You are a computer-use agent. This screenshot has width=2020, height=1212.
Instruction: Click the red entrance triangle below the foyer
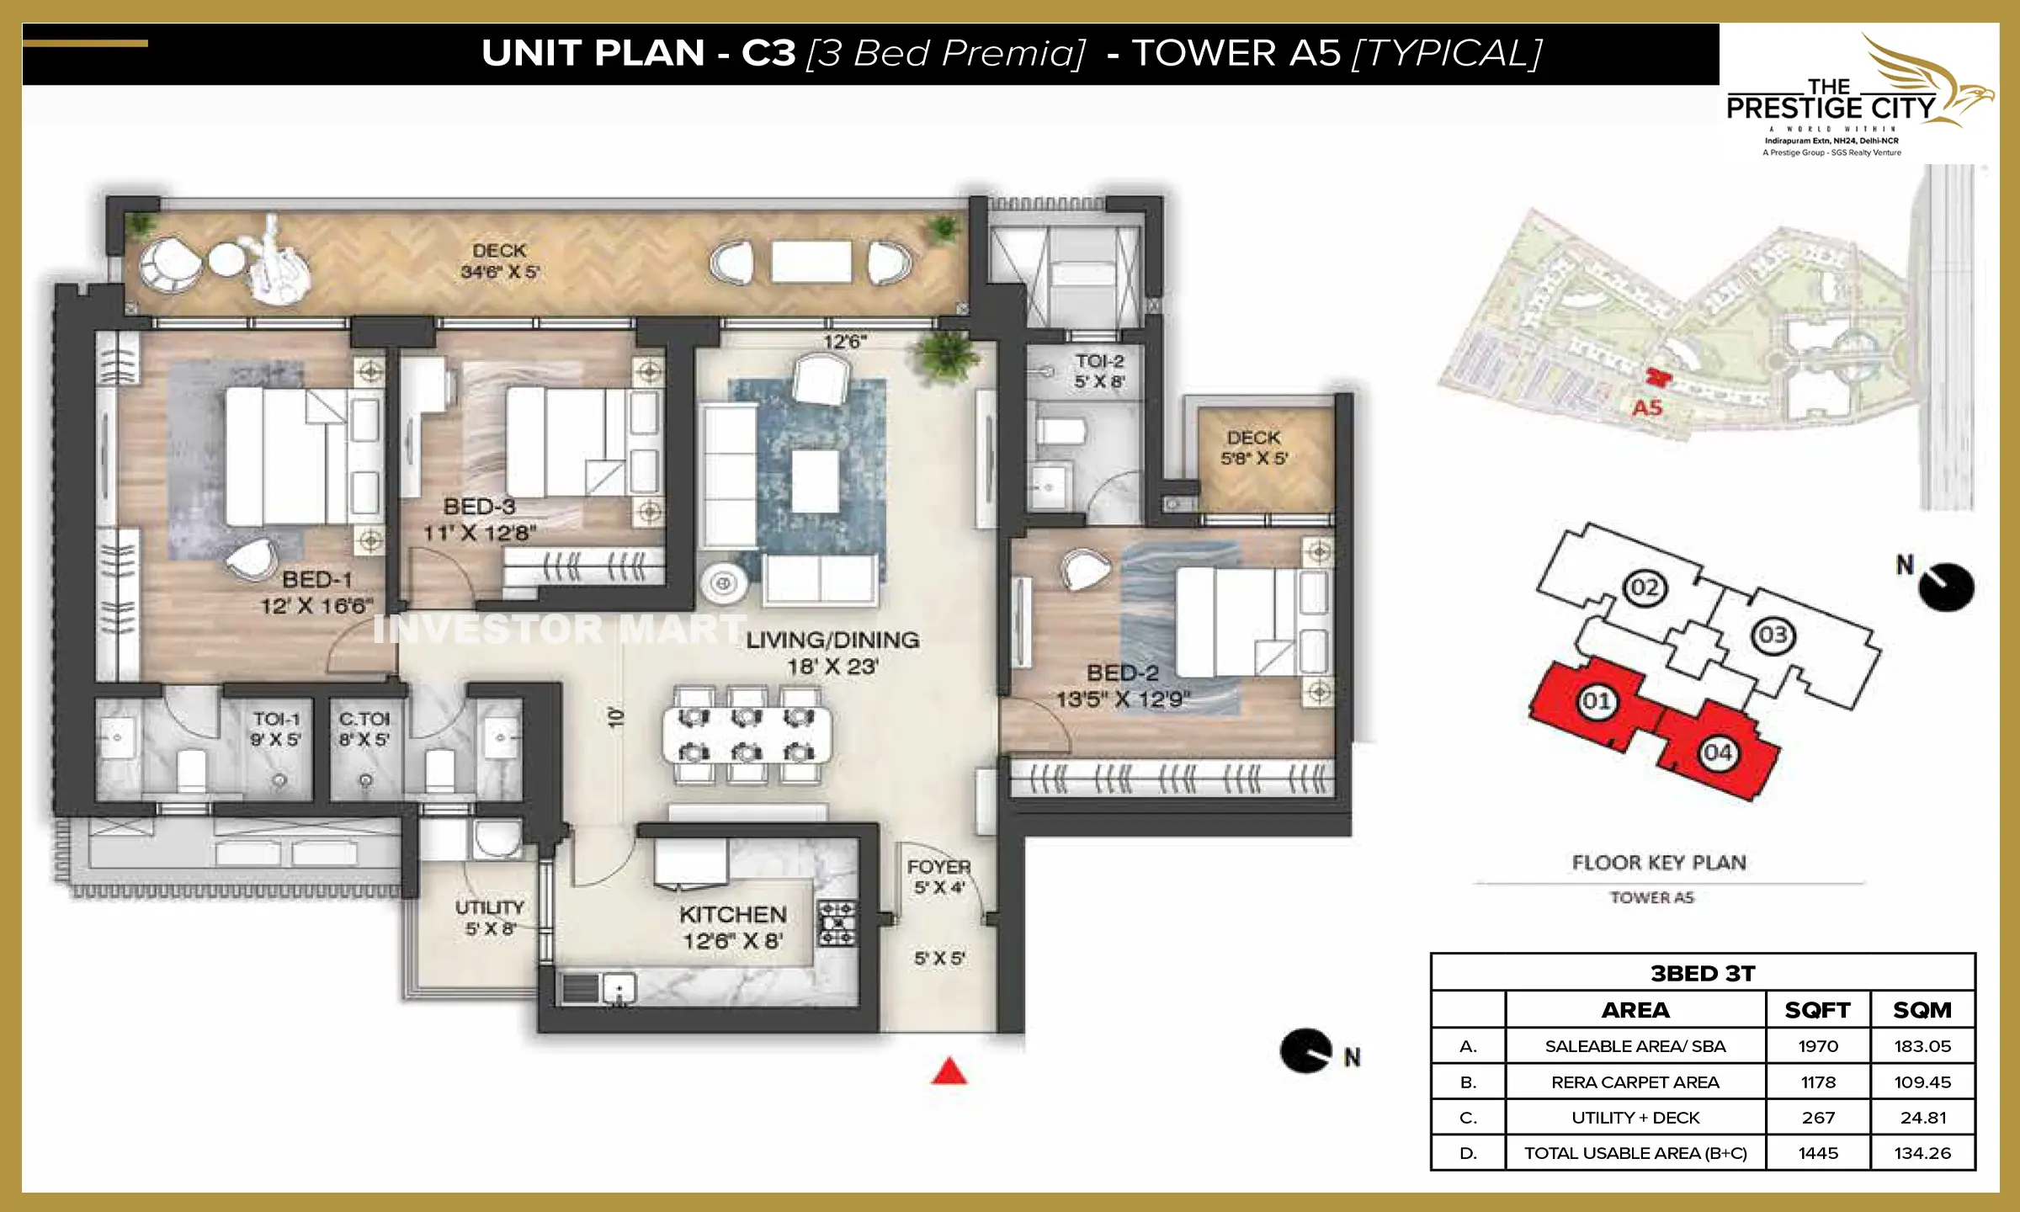tap(949, 1071)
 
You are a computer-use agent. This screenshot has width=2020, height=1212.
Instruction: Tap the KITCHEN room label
tap(733, 915)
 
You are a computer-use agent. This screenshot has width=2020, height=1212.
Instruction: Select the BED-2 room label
tap(1123, 673)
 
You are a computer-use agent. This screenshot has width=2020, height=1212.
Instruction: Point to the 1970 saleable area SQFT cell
tap(1818, 1046)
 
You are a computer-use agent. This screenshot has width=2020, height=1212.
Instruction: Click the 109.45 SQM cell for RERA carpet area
tap(1922, 1082)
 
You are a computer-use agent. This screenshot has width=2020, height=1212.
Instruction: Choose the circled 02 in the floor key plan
tap(1645, 587)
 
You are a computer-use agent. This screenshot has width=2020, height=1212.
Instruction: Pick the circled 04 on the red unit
tap(1718, 752)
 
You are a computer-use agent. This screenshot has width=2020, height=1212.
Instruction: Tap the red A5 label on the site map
tap(1647, 408)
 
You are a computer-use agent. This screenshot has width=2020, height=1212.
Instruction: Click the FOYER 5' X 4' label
tap(939, 876)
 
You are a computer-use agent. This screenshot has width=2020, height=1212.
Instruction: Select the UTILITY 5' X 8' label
tap(490, 917)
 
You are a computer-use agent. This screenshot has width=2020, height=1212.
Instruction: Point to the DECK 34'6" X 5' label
tap(499, 261)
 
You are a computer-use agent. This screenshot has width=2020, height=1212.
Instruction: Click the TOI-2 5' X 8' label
tap(1099, 371)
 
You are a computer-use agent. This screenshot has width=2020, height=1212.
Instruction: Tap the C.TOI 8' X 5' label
tap(364, 729)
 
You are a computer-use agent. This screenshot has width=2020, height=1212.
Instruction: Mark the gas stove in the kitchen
tap(837, 923)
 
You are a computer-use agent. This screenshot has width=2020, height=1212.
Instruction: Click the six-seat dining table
tap(747, 735)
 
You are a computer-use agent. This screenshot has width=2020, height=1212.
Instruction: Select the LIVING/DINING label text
tap(832, 641)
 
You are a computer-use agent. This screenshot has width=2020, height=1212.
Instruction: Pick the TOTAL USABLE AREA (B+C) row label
tap(1635, 1153)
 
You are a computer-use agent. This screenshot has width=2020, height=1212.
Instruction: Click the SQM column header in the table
tap(1922, 1010)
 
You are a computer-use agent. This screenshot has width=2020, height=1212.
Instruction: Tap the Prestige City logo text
tap(1831, 108)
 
